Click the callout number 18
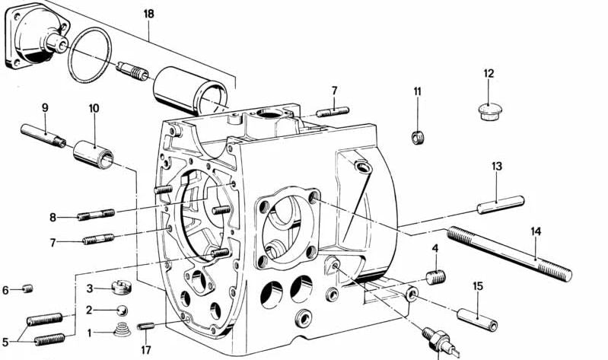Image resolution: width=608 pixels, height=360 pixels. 148,14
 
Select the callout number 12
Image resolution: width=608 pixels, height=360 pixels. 489,74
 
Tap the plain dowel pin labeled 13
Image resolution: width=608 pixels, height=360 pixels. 501,204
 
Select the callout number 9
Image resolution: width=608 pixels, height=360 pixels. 45,107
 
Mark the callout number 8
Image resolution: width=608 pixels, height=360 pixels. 53,218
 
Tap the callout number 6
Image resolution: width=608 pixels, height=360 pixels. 5,290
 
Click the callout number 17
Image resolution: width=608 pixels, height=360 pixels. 146,350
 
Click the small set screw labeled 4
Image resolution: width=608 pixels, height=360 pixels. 435,277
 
